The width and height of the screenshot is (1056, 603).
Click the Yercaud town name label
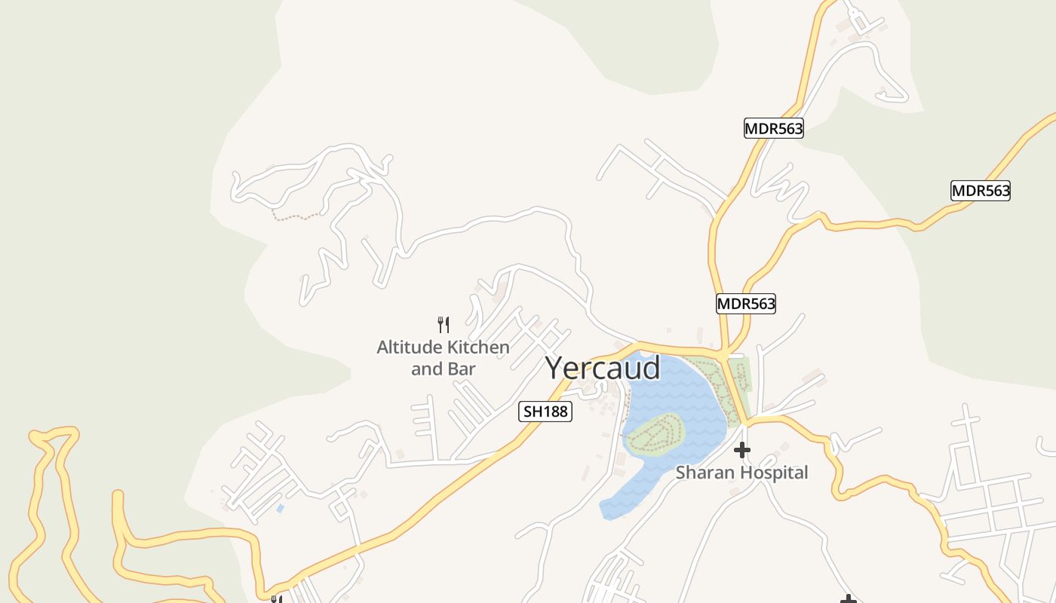pyautogui.click(x=603, y=368)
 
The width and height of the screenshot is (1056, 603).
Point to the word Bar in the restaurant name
pyautogui.click(x=463, y=369)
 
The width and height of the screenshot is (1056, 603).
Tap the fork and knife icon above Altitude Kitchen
pyautogui.click(x=444, y=325)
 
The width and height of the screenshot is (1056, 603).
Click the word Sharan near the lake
pyautogui.click(x=703, y=473)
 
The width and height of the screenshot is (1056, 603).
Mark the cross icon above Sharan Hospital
pyautogui.click(x=742, y=450)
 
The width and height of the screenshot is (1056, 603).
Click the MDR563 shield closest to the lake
pyautogui.click(x=746, y=304)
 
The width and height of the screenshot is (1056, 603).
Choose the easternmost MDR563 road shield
pyautogui.click(x=981, y=191)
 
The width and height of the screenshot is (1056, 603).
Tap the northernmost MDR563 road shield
pyautogui.click(x=774, y=129)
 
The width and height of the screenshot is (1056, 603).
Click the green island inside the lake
pyautogui.click(x=653, y=435)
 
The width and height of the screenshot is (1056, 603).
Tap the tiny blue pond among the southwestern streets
pyautogui.click(x=281, y=509)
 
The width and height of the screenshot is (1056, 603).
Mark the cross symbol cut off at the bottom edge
pyautogui.click(x=849, y=599)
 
